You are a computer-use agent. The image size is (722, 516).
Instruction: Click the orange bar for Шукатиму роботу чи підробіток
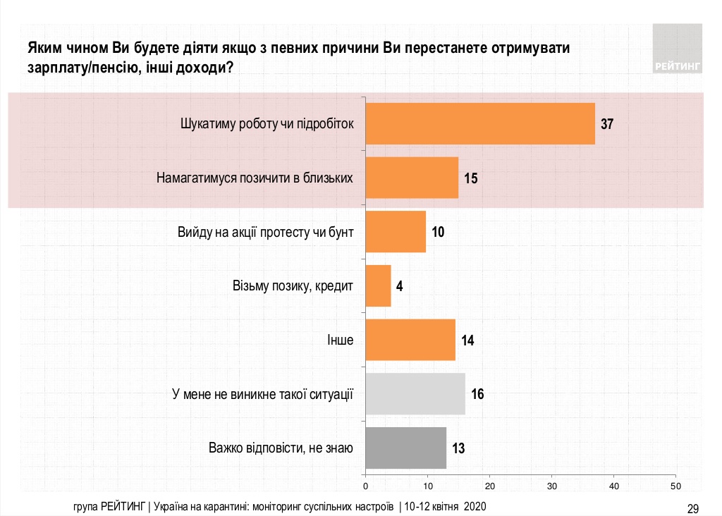[480, 123]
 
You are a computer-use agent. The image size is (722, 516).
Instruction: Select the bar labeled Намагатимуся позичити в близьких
[412, 178]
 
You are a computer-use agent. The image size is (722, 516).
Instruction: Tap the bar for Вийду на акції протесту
[396, 231]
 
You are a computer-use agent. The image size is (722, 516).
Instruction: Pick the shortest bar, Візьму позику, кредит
[378, 285]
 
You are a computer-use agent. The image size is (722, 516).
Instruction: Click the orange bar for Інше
[410, 340]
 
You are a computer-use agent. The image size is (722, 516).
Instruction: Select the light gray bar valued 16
[415, 393]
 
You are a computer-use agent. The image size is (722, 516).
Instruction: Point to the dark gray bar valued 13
[406, 448]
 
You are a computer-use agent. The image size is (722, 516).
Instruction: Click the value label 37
[608, 124]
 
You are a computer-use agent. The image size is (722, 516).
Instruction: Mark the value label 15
[471, 178]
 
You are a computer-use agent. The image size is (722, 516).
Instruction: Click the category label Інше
[340, 340]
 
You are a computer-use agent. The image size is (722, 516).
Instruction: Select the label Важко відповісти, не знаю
[281, 448]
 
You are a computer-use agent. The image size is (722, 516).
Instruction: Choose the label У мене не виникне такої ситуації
[262, 393]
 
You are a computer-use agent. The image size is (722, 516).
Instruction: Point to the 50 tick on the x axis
[676, 486]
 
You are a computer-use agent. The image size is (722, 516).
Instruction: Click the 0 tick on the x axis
[365, 486]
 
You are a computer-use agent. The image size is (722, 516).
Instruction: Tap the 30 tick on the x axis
[552, 486]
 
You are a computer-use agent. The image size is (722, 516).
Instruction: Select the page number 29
[692, 508]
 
